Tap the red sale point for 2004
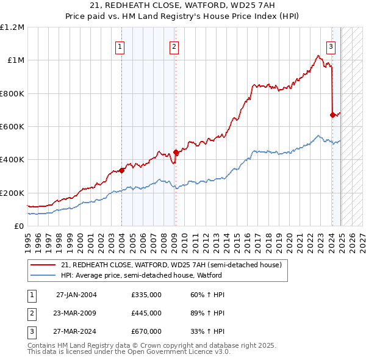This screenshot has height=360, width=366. coord(121,170)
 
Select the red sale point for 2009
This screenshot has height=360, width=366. coord(176,153)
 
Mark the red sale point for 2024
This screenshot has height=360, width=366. coord(332,115)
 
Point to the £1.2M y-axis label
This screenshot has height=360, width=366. coord(12,27)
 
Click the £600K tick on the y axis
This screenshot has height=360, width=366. coord(12,127)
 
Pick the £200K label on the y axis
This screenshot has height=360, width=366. coord(12,193)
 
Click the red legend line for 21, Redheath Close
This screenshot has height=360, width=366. coord(42,265)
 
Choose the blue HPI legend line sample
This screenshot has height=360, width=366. coord(42,275)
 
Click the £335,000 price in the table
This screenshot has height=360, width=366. coord(146,295)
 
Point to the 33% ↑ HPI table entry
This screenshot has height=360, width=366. coord(207,331)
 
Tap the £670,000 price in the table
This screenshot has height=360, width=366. coord(146,331)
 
